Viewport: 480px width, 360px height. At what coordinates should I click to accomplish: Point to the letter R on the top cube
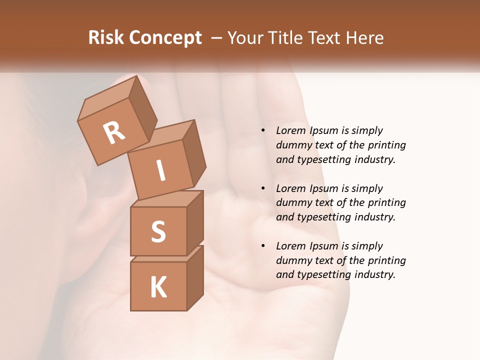coord(114,132)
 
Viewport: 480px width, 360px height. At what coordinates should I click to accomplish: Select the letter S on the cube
coord(158,231)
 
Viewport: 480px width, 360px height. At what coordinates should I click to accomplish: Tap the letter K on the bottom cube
coord(158,287)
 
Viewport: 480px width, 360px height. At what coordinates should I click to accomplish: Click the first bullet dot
coord(263,131)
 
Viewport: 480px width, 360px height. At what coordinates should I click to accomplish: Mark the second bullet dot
coord(263,189)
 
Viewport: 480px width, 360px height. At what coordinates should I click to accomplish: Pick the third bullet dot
coord(263,246)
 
